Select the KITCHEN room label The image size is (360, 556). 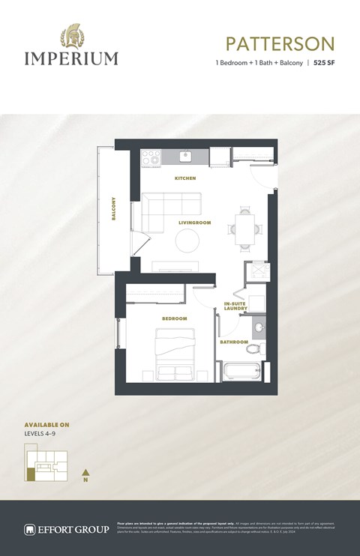(x=185, y=178)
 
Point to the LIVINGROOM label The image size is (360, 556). (x=194, y=223)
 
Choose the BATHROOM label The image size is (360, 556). (x=233, y=342)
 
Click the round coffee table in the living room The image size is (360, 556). (x=187, y=241)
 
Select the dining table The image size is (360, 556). (x=244, y=226)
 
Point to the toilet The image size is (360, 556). (x=255, y=349)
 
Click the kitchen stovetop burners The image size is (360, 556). (x=151, y=158)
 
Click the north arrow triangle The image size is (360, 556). (x=86, y=472)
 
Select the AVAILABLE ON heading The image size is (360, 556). (x=46, y=424)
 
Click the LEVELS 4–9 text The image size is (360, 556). (x=42, y=433)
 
